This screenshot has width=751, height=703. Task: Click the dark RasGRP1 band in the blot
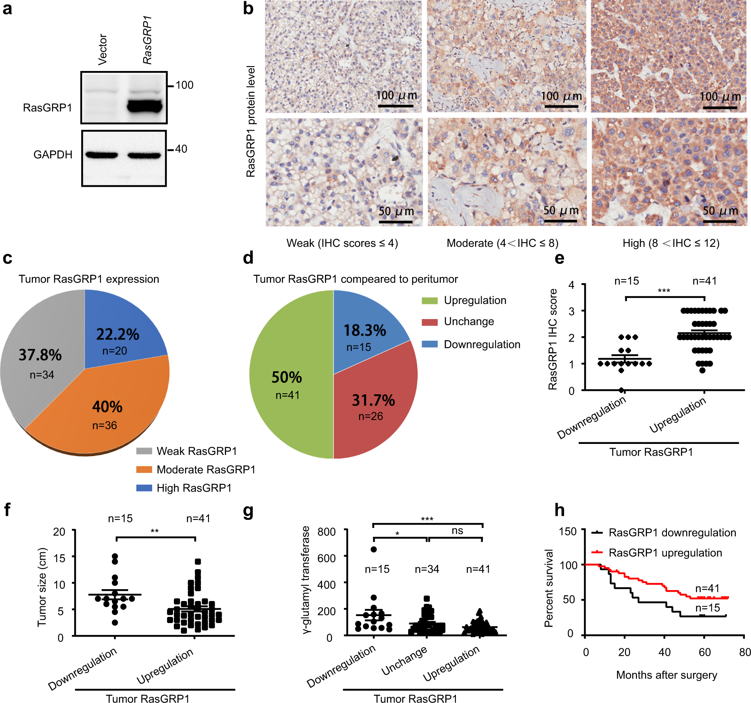(x=144, y=106)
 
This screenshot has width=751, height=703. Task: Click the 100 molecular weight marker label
(x=184, y=85)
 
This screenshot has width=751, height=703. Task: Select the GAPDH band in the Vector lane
(x=102, y=155)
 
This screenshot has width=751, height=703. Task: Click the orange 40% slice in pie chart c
(x=102, y=412)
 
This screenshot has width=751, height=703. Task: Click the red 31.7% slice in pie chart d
(x=371, y=408)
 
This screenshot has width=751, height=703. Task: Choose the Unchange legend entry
(x=469, y=322)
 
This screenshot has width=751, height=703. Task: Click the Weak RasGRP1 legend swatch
(x=144, y=451)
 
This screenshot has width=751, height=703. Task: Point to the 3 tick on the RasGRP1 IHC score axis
(x=571, y=311)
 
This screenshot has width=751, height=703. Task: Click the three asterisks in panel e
(x=664, y=291)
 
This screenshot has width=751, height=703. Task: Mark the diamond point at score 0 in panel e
(x=622, y=390)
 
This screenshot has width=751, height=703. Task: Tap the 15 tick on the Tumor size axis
(x=60, y=557)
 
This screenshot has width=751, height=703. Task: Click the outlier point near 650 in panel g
(x=373, y=549)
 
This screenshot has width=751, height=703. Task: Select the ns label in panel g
(x=457, y=530)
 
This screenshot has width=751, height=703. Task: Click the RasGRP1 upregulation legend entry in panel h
(x=665, y=553)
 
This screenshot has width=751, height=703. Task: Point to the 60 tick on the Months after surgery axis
(x=704, y=652)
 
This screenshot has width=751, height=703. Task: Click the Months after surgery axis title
(x=666, y=675)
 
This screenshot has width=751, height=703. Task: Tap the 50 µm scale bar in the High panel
(x=720, y=221)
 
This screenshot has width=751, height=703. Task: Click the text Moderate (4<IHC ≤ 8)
(x=502, y=243)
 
